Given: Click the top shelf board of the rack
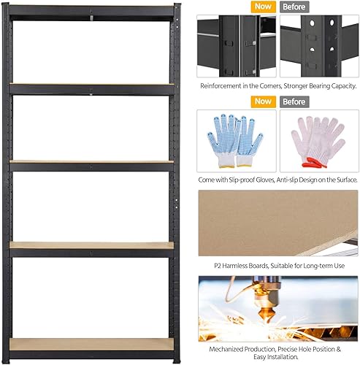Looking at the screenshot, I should pos(91,9).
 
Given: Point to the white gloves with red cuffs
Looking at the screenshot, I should pos(317,141).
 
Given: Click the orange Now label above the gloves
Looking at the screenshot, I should pos(262,102).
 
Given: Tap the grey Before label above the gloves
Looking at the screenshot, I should pos(294,102).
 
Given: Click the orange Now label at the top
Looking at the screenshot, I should pos(262,7).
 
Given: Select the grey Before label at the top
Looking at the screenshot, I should pos(294,7).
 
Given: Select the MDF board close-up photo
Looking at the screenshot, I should pos(277,223).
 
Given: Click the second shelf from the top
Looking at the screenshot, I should pos(91,86).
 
